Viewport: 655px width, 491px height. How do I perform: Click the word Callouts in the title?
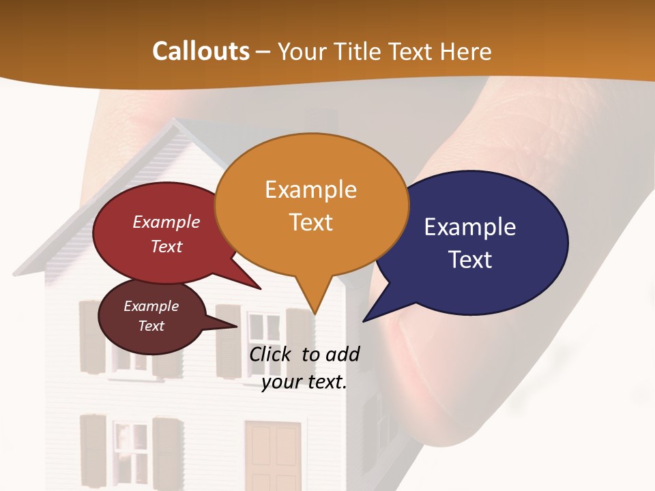[201, 51]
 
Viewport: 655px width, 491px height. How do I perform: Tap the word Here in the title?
[467, 51]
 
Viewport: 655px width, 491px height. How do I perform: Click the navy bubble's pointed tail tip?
[364, 320]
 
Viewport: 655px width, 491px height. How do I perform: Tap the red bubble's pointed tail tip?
[260, 288]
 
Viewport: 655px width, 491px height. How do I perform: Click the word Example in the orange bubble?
[310, 190]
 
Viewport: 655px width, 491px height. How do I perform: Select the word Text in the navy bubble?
[471, 260]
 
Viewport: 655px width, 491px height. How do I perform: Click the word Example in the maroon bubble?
[151, 306]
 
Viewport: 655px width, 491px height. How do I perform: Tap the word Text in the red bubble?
[166, 246]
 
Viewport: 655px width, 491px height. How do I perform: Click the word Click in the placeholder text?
[272, 354]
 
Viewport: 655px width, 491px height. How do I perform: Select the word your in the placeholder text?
[281, 382]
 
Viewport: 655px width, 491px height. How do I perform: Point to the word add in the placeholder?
[342, 354]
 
